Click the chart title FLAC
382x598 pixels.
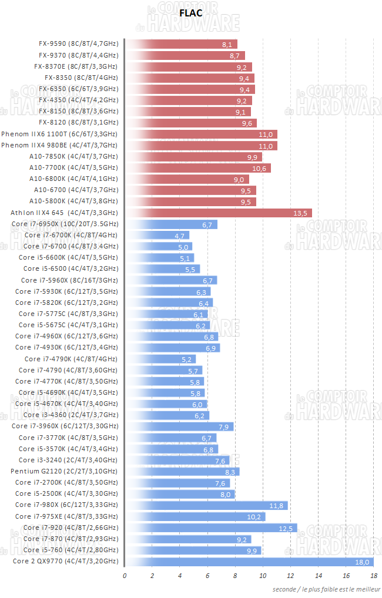click(190, 12)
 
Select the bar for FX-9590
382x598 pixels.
click(182, 44)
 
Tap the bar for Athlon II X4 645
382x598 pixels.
click(219, 213)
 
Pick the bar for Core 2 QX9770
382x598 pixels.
click(250, 561)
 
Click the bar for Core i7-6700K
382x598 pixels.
click(158, 235)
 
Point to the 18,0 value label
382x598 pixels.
click(361, 562)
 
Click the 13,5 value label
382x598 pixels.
click(300, 213)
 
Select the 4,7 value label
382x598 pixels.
click(180, 236)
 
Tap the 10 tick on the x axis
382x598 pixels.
click(263, 576)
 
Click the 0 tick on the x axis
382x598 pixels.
click(125, 576)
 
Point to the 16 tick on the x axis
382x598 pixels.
click(346, 576)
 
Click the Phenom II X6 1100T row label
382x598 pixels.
click(59, 134)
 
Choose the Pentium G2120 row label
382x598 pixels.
click(63, 471)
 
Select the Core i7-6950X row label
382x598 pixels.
click(65, 224)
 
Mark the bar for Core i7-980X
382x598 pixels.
click(206, 505)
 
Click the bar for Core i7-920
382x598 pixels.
click(211, 528)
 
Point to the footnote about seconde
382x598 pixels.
click(326, 589)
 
